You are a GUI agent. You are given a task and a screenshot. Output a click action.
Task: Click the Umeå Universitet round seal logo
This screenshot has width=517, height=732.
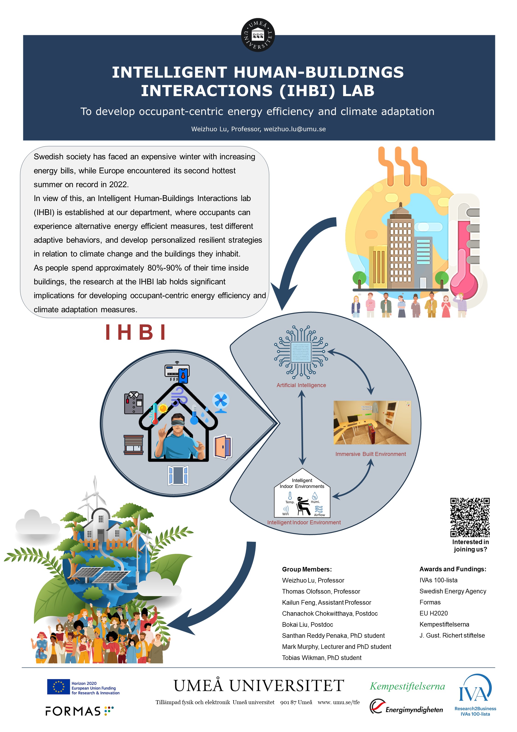coord(258,35)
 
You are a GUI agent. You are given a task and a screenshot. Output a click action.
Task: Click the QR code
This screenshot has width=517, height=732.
coord(470,517)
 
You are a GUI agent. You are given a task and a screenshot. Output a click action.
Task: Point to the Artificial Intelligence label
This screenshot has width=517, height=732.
coord(301,385)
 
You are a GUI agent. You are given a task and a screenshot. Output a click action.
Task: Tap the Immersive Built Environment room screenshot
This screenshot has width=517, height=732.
coord(372,423)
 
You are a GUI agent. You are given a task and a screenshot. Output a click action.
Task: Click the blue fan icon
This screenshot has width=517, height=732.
coord(221,402)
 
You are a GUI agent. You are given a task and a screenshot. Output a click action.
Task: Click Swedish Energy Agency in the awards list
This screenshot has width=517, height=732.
coord(453,591)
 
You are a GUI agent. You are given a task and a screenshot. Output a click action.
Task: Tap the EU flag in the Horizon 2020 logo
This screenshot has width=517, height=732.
coord(58,687)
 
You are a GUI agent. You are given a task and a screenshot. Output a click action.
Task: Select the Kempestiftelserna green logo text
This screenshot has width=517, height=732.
coord(407,686)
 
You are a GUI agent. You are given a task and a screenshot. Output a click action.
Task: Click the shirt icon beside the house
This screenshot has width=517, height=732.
coord(134,403)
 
